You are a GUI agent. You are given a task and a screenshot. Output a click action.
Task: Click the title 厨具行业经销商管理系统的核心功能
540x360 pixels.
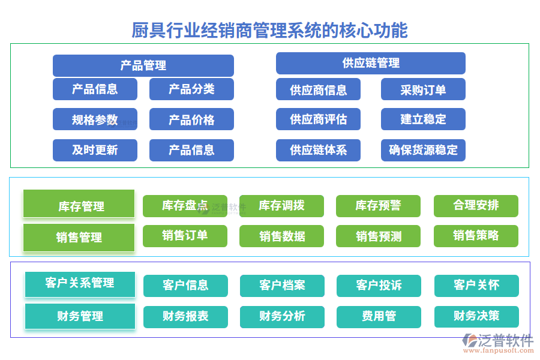[x=269, y=30]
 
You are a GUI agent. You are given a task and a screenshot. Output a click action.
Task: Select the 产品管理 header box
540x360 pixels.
[x=143, y=65]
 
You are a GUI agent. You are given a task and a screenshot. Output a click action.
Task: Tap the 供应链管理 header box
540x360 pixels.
[x=370, y=63]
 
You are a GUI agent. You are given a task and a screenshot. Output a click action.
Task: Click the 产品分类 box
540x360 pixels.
[x=191, y=89]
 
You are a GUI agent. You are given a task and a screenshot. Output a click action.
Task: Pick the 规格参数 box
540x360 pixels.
[x=95, y=119]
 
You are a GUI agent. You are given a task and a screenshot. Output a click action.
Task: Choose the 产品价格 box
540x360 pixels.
[x=191, y=119]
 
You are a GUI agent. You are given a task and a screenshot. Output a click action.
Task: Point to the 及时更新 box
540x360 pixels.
[x=95, y=150]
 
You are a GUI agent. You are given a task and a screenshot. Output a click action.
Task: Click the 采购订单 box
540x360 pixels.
[x=423, y=89]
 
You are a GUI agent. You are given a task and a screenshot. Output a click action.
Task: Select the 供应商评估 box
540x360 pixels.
[x=318, y=119]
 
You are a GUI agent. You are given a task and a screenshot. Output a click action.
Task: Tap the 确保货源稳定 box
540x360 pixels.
[x=423, y=150]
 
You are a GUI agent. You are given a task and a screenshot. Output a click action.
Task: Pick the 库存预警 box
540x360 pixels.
[x=378, y=206]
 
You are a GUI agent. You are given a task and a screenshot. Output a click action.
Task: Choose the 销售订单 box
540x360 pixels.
[x=185, y=236]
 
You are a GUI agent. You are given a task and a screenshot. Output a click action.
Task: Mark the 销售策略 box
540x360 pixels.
[x=476, y=236]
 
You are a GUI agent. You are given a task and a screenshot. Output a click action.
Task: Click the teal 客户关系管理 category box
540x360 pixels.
[x=80, y=284]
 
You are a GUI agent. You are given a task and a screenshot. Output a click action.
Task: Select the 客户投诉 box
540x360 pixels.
[x=379, y=286]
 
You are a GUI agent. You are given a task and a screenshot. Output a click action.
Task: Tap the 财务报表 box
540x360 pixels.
[x=185, y=316]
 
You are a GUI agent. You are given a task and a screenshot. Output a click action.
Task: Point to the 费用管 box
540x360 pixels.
[x=379, y=316]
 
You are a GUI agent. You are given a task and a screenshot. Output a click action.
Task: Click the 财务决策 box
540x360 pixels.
[x=476, y=316]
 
